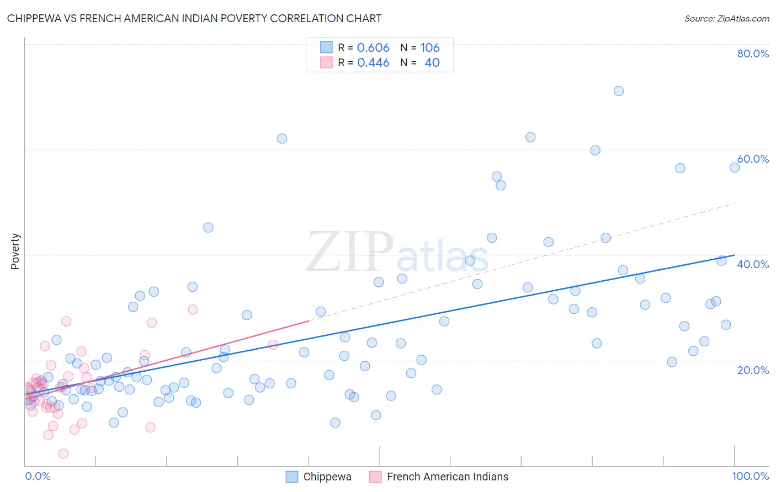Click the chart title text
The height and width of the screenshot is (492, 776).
coord(194,18)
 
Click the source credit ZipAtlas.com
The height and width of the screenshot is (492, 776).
coord(726,18)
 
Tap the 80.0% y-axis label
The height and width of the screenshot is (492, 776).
coord(753,54)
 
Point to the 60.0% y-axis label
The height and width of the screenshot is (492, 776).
coord(753,159)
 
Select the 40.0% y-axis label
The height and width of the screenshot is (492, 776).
coord(753,264)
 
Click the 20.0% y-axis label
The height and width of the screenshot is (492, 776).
coord(753,370)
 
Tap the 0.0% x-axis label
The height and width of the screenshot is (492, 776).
coord(38,476)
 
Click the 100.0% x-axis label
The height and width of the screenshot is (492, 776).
coord(750,476)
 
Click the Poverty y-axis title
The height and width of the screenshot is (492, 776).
coord(15,252)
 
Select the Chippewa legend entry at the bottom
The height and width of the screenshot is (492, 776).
coord(327,477)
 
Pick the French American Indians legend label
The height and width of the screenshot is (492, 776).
coord(447,477)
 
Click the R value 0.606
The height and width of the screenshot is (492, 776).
coord(373,47)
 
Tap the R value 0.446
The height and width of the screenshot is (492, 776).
coord(373,62)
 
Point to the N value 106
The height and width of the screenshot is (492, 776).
coord(430,47)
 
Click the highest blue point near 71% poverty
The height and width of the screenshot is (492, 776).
coord(619,91)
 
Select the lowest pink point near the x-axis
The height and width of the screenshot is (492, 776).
coord(63,453)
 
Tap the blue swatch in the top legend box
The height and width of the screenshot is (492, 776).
coord(326,47)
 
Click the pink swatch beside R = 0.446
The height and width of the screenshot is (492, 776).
coord(326,62)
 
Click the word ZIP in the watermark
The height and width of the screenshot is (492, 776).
coord(350,252)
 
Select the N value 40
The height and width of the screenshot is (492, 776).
coord(432,62)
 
